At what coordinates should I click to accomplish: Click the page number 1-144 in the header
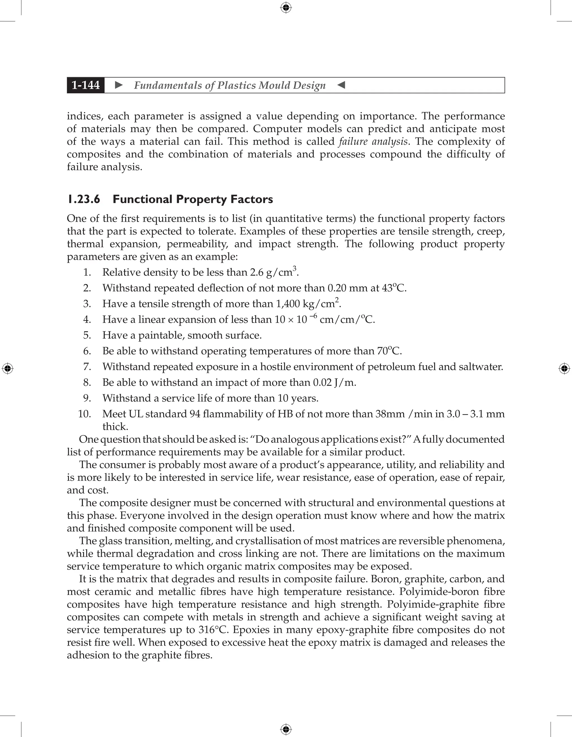click(x=86, y=85)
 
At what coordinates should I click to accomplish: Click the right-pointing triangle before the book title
click(x=119, y=85)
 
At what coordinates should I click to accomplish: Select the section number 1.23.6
click(x=84, y=199)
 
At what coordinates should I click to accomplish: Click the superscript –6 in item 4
click(x=313, y=316)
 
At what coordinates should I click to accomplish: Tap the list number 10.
click(x=85, y=414)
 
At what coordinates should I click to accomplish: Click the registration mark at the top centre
click(x=286, y=8)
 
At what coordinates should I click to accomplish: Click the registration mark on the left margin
click(x=8, y=369)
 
